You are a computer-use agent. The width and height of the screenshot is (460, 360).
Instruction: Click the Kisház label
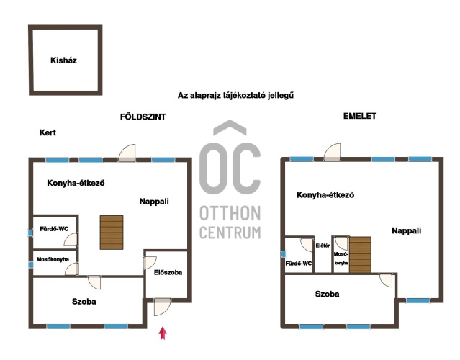[x=63, y=60]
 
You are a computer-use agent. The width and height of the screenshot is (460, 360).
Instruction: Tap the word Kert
[x=48, y=132]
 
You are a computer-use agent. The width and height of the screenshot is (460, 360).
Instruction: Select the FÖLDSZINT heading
[x=143, y=117]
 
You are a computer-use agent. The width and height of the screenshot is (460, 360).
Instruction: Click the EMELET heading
[x=360, y=116]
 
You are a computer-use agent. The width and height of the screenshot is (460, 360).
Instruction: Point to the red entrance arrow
[x=163, y=333]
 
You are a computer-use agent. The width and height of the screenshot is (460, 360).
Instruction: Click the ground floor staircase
[x=112, y=233]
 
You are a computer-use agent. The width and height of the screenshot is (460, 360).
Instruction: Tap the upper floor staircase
[x=360, y=255]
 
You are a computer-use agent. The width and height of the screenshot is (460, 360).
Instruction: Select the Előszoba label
[x=168, y=273]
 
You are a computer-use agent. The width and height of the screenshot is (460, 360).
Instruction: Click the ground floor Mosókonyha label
[x=53, y=259]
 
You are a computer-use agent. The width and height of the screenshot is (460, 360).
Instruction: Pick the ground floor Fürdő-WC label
[x=54, y=229]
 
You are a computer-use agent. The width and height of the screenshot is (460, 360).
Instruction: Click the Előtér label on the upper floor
[x=323, y=246]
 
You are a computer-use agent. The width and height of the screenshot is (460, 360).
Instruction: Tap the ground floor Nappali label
[x=154, y=202]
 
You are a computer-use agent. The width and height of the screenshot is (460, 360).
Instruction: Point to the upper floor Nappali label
[x=406, y=230]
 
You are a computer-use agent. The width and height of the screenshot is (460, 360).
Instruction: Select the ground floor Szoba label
[x=84, y=302]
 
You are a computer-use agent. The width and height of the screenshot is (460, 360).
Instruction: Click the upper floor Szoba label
[x=327, y=294]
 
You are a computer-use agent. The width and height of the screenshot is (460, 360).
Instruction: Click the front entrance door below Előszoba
[x=162, y=307]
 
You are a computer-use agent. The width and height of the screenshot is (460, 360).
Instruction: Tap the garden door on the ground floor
[x=127, y=153]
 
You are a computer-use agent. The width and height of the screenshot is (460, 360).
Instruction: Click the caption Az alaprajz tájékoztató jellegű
[x=235, y=96]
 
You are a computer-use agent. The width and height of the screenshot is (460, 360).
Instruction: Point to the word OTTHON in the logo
[x=230, y=213]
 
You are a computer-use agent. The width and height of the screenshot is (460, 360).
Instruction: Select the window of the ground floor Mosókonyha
[x=30, y=265]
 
